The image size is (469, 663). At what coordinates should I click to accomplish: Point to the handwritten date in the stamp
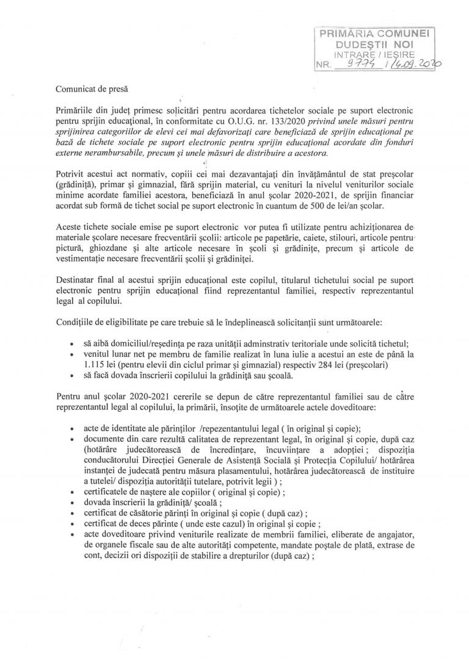click(x=415, y=63)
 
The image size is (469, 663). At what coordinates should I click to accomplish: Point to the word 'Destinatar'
click(x=75, y=280)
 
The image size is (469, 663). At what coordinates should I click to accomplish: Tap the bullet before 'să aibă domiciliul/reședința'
click(x=73, y=343)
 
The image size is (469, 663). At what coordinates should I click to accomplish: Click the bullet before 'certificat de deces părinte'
click(x=73, y=524)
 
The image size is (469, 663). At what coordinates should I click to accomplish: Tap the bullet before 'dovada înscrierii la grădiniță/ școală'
click(x=73, y=503)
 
